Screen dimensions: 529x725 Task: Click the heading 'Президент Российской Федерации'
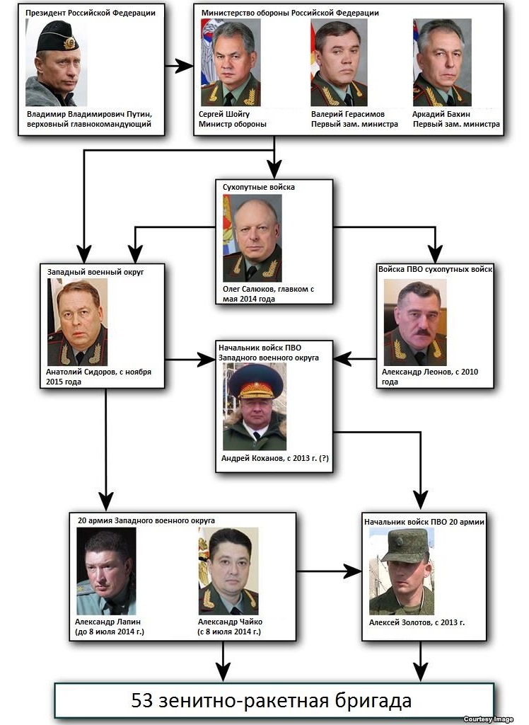(91, 13)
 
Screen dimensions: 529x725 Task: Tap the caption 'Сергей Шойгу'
(224, 114)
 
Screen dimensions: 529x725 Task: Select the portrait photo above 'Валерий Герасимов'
(339, 62)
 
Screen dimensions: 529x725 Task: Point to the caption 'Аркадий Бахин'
(441, 114)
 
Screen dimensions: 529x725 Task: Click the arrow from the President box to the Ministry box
(179, 66)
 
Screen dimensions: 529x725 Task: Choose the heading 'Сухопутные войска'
(259, 187)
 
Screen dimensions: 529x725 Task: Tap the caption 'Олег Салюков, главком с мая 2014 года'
(269, 294)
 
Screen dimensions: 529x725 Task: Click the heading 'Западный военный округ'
(95, 273)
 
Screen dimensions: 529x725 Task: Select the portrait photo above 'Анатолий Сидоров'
(78, 322)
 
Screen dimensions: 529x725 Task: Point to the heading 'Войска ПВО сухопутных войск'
(435, 269)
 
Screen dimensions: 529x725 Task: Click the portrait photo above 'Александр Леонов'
(415, 322)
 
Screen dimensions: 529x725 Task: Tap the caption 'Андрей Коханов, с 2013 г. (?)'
(275, 458)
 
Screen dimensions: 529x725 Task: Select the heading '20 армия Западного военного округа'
(146, 520)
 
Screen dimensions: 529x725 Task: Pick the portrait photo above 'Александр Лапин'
(106, 571)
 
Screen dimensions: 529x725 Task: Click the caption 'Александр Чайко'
(230, 622)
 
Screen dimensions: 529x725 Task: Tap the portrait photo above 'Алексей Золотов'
(402, 571)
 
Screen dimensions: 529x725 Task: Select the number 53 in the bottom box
(142, 700)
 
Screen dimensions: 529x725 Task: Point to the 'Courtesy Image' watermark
(489, 719)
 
